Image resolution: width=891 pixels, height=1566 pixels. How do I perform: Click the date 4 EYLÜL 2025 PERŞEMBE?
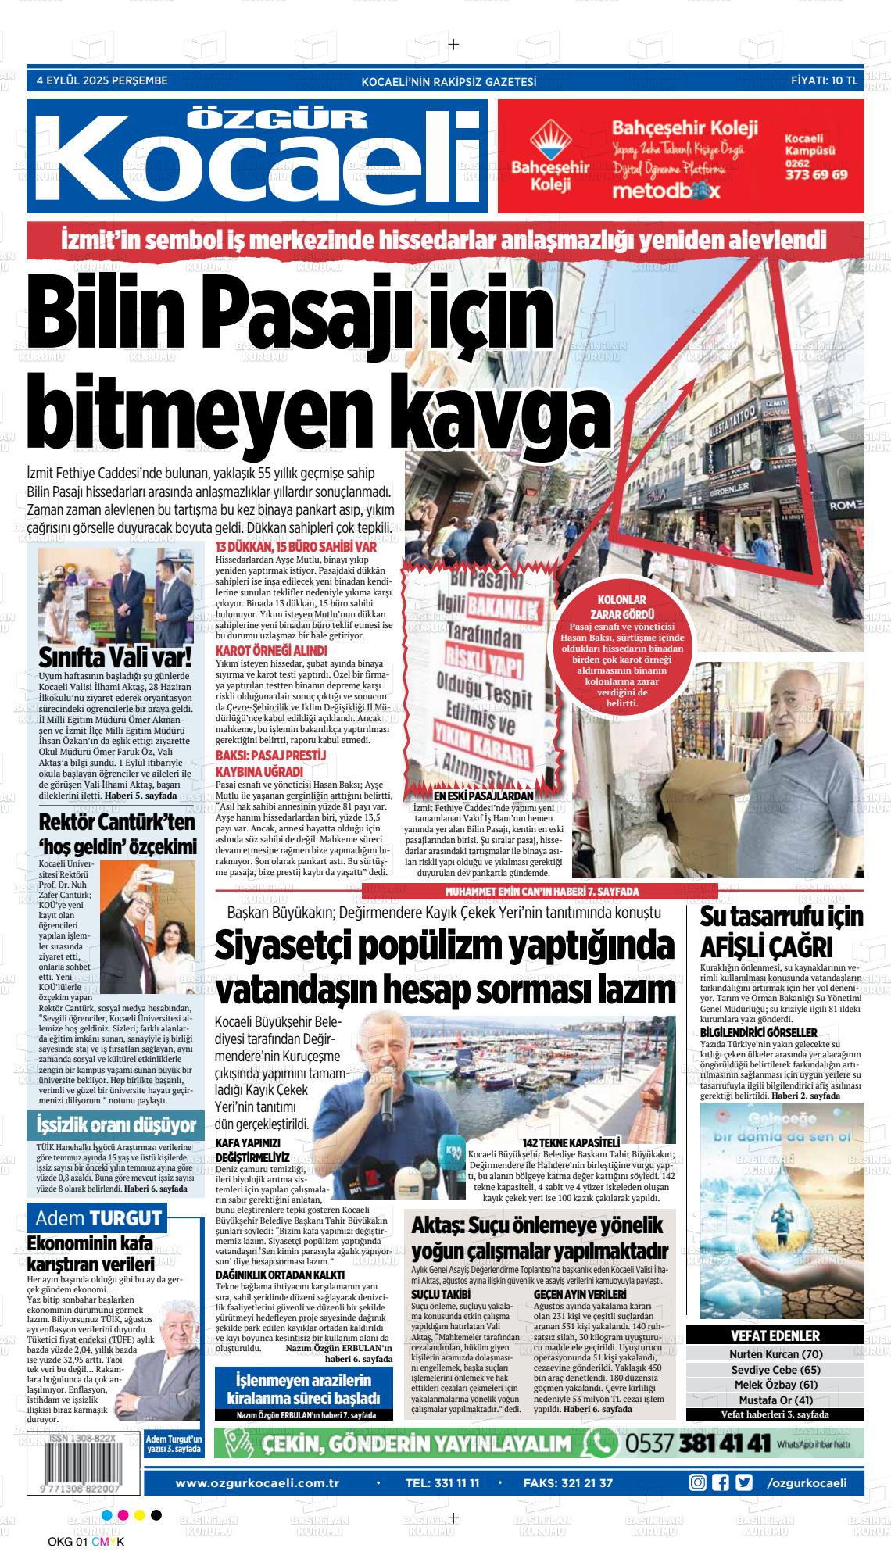click(102, 80)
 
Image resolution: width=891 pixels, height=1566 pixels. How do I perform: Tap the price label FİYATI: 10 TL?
click(825, 80)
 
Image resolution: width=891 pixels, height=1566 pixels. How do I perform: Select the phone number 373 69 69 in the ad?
click(815, 175)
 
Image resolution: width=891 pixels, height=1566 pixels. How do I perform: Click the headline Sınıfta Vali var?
click(116, 655)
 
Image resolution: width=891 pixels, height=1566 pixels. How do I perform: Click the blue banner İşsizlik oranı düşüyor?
click(116, 1126)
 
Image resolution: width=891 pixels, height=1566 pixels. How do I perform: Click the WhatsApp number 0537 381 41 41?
click(697, 1443)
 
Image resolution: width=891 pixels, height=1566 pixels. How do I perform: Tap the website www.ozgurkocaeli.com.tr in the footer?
click(256, 1483)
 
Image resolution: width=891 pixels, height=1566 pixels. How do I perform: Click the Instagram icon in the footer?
click(698, 1483)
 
